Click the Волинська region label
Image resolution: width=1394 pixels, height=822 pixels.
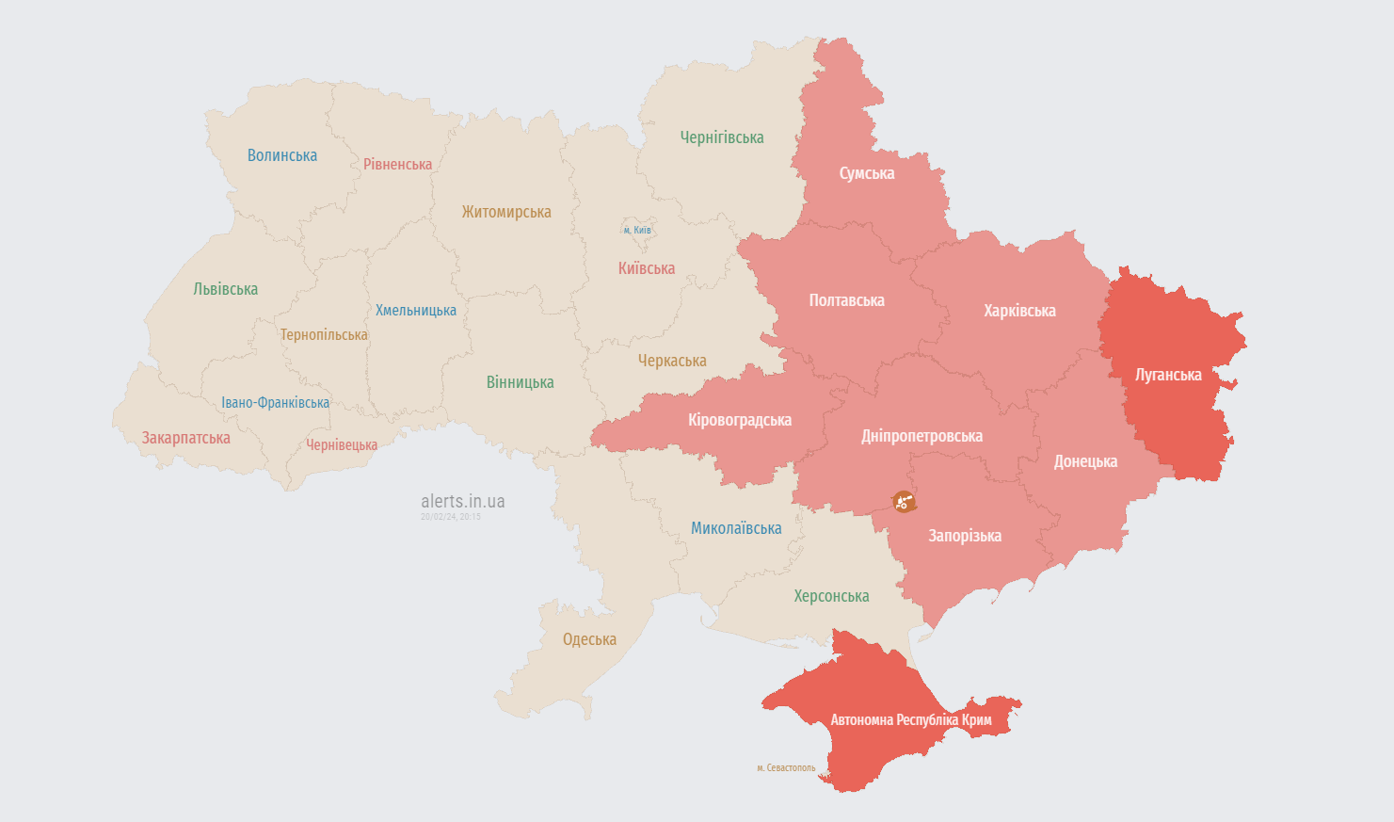(x=281, y=155)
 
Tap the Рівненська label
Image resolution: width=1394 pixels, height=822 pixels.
(x=397, y=164)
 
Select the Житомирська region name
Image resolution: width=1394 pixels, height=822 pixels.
(x=505, y=212)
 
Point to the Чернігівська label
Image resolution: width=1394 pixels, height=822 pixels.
(x=722, y=137)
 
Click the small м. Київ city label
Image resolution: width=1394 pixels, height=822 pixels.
(x=636, y=230)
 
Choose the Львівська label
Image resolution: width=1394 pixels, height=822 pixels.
(x=225, y=289)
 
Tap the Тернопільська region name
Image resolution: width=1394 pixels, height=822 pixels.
(x=324, y=334)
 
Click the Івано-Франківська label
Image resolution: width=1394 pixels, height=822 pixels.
(x=275, y=402)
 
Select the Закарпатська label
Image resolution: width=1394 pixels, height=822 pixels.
(x=185, y=438)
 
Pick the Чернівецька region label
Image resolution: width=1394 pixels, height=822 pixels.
(x=341, y=444)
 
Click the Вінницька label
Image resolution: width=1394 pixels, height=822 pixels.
(x=520, y=382)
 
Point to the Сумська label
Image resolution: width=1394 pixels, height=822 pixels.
(x=866, y=173)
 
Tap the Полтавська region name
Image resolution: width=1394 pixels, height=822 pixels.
(x=846, y=300)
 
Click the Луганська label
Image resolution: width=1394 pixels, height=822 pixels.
(x=1168, y=375)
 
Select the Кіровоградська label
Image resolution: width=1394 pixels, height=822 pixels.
(x=739, y=420)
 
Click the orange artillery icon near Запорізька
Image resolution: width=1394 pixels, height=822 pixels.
(x=904, y=501)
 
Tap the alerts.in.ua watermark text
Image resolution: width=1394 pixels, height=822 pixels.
(x=462, y=501)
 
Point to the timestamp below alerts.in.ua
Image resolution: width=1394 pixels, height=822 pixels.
(x=450, y=517)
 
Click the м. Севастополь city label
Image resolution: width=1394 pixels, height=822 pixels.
(x=786, y=767)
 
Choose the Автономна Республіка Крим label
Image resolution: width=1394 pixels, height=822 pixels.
(x=910, y=720)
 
